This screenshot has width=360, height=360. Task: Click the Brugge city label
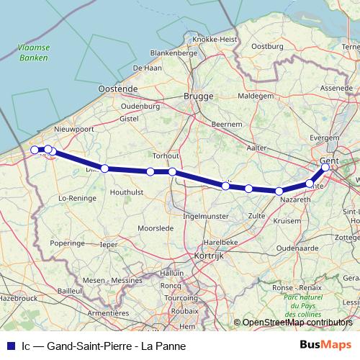tap(199, 96)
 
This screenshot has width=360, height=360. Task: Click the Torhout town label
tap(165, 156)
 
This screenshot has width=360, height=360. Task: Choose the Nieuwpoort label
tap(74, 130)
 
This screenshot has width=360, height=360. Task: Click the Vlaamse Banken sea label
tap(32, 53)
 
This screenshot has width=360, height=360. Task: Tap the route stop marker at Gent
tap(325, 167)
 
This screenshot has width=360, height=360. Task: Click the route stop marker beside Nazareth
tap(279, 191)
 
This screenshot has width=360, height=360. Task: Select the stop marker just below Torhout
tap(173, 171)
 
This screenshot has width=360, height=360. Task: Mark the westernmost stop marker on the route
tap(35, 150)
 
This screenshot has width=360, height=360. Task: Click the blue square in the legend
tap(9, 346)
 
